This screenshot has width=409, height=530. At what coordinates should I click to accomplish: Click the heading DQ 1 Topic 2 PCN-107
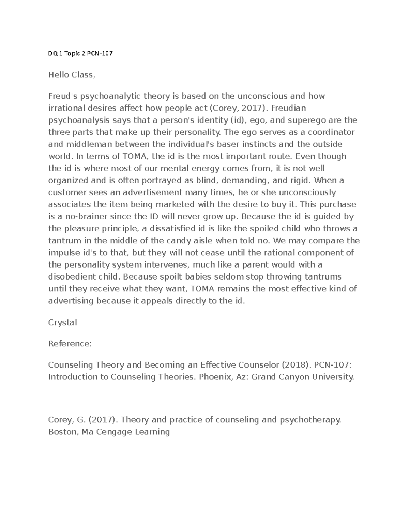[x=80, y=54]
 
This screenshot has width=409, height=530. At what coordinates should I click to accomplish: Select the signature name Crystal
[x=63, y=323]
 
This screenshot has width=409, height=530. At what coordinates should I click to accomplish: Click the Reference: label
[x=70, y=344]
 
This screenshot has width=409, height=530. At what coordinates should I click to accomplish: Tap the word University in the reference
[x=335, y=377]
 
